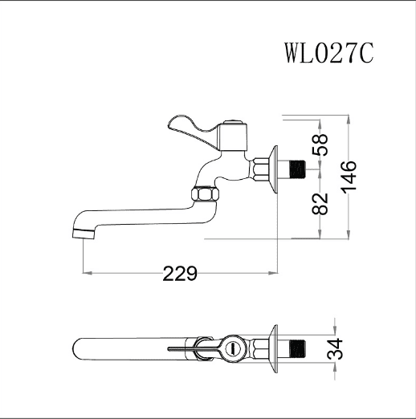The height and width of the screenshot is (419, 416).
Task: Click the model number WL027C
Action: click(x=328, y=53)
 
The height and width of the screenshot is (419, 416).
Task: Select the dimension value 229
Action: click(x=180, y=274)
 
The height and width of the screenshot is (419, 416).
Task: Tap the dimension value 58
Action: click(x=320, y=144)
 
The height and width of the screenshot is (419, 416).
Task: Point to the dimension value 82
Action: click(x=320, y=204)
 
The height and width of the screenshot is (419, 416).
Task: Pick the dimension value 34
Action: click(x=335, y=349)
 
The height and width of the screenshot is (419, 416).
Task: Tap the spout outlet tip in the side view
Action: click(x=84, y=234)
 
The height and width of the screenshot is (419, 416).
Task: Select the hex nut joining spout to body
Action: click(x=206, y=194)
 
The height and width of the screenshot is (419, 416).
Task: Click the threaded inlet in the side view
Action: click(x=298, y=169)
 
